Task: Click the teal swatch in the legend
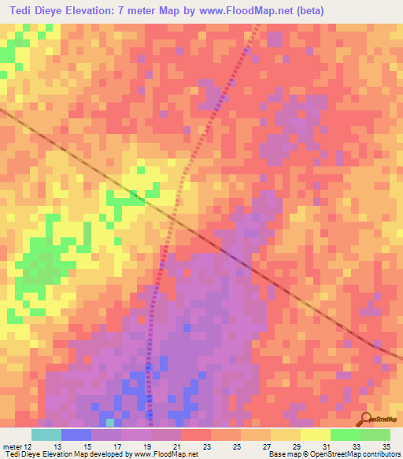click(x=46, y=434)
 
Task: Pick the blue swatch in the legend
click(x=76, y=434)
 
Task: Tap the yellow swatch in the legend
click(x=316, y=434)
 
